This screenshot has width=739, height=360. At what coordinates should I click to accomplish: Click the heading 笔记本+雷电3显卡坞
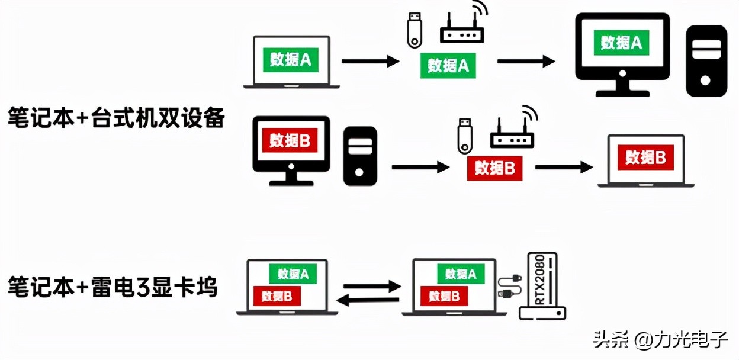pyautogui.click(x=113, y=288)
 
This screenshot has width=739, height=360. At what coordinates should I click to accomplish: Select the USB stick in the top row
pyautogui.click(x=413, y=30)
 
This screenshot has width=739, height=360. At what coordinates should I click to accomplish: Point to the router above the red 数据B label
pyautogui.click(x=513, y=131)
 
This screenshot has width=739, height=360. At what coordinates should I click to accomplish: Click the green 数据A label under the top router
pyautogui.click(x=448, y=66)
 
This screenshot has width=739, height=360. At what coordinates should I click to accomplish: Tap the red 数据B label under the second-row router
pyautogui.click(x=494, y=168)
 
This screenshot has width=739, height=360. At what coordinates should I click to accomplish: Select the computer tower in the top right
pyautogui.click(x=706, y=61)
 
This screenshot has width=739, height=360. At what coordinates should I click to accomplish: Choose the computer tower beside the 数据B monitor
pyautogui.click(x=361, y=156)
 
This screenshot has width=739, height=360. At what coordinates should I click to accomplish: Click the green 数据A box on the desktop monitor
pyautogui.click(x=621, y=43)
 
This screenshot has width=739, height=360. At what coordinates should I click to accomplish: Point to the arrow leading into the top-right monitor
pyautogui.click(x=526, y=61)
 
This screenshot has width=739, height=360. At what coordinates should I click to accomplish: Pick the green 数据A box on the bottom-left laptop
pyautogui.click(x=293, y=274)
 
